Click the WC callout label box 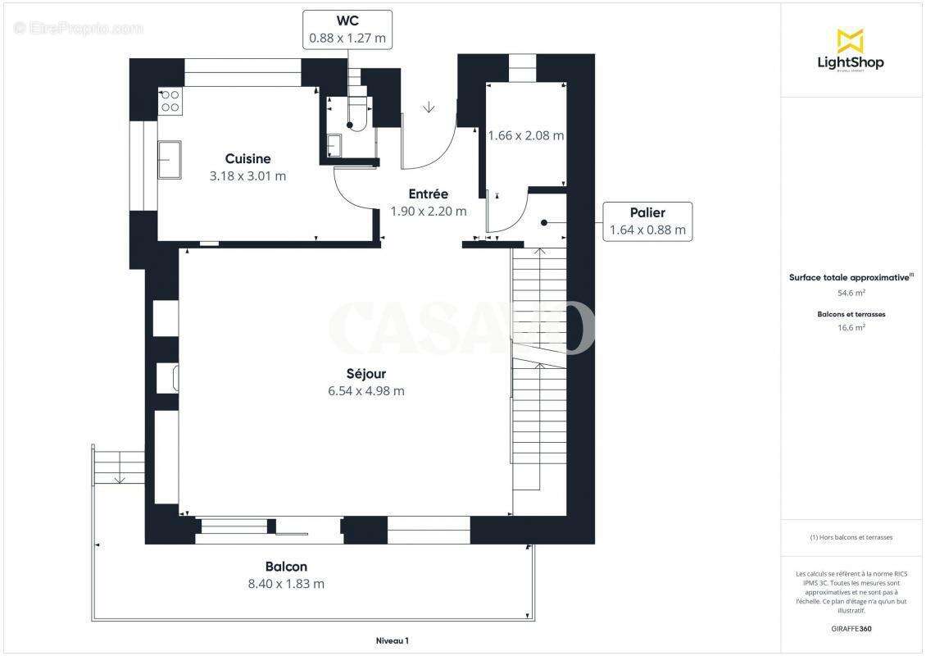tap(347, 29)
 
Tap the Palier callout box tap(647, 221)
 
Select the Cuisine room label tap(247, 158)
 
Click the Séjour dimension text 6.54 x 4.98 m tap(365, 391)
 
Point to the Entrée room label tap(428, 194)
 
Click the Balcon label tap(286, 567)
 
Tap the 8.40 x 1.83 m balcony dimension tap(286, 584)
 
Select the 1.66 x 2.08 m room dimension tap(525, 135)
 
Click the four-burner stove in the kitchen tap(170, 101)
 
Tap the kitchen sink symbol tap(170, 159)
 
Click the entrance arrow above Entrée tap(429, 107)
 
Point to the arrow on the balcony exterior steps tap(119, 477)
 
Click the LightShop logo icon tap(850, 41)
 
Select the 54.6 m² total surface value tap(851, 292)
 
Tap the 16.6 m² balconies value tap(851, 326)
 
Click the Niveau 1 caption tap(391, 640)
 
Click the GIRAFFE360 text tap(851, 628)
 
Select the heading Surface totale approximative tap(849, 277)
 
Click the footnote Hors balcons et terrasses tap(851, 538)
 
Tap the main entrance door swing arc tap(443, 152)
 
